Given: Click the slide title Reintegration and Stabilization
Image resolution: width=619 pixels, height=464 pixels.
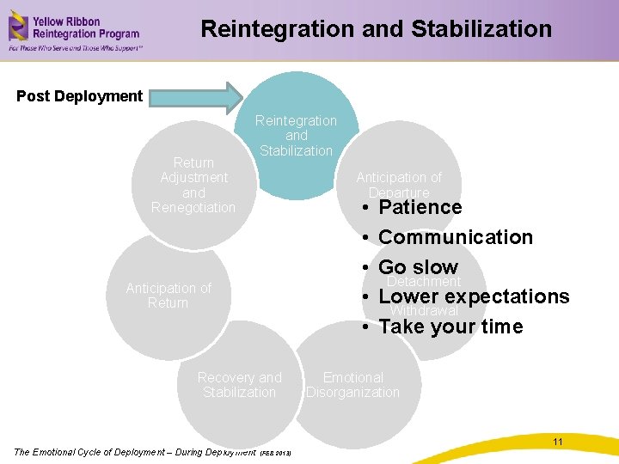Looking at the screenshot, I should (376, 29).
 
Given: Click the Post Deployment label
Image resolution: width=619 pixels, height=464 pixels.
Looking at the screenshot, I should (79, 96).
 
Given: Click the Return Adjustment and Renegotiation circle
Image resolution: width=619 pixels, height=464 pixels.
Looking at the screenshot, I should (193, 185).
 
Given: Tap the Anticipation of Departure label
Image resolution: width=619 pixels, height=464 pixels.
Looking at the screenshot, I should (398, 184).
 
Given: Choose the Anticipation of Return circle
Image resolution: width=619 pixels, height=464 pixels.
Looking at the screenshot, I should (168, 295).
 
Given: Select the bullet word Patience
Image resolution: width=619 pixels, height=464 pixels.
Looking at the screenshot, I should (420, 207).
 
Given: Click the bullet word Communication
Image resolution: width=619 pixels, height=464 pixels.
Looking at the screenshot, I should (455, 237).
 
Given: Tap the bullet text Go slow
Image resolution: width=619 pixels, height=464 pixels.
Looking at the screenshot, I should (418, 266).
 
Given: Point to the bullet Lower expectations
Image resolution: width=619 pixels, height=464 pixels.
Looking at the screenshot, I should (473, 296).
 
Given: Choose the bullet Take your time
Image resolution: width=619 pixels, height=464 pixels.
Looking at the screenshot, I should (450, 327).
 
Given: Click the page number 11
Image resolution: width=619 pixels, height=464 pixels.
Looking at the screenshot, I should (558, 442).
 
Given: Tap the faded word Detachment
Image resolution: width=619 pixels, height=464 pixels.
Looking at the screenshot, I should (425, 282).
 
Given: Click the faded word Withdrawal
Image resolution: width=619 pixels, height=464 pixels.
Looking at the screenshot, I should (425, 311).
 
